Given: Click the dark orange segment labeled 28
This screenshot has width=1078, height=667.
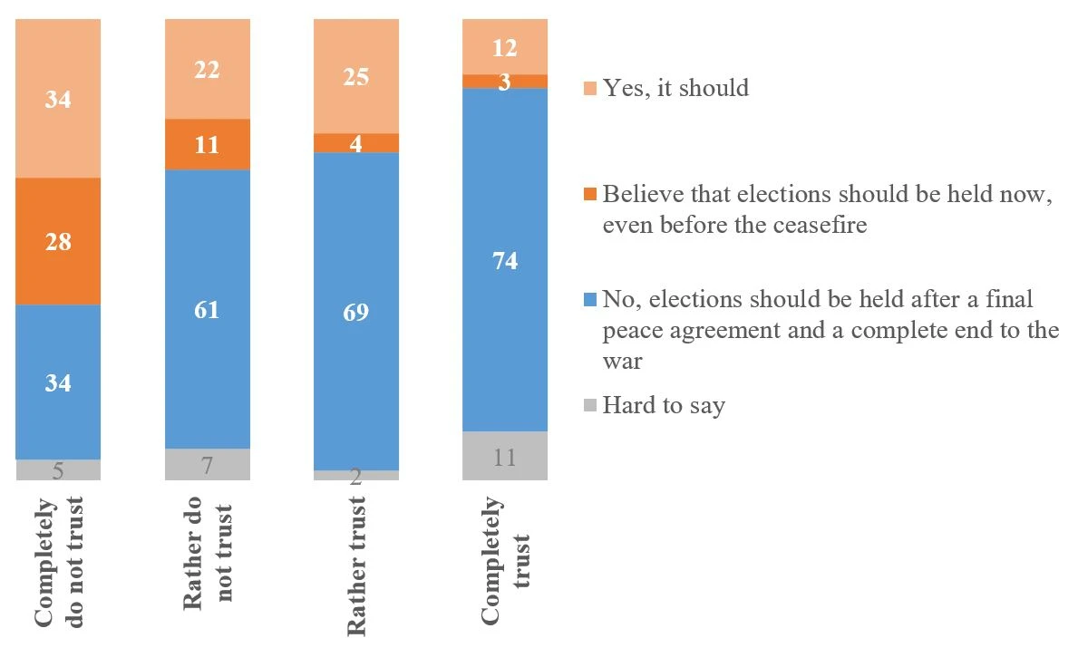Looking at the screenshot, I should point(58,241).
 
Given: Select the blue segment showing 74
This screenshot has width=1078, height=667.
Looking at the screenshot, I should point(505,259).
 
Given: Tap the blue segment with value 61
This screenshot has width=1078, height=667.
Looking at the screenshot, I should point(208,309).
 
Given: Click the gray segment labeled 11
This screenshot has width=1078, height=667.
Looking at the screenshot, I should point(505,456).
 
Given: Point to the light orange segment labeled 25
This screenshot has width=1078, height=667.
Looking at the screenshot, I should point(356,76).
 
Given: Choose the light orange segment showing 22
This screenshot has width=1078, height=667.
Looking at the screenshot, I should point(208,69).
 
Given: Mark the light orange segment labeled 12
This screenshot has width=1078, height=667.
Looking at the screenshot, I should point(505,47).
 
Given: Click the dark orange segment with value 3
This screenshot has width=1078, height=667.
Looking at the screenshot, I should point(505,82).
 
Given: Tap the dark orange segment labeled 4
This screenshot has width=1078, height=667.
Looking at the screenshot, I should point(356,143).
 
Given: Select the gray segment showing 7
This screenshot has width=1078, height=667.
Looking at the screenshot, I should point(208,464).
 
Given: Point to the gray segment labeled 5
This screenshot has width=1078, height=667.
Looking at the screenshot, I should point(58,469).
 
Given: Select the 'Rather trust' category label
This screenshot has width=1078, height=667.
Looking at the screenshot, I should point(357,565).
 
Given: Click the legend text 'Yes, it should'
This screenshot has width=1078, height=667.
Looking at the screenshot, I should point(675,88).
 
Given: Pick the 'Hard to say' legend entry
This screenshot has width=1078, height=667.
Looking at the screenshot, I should point(664,405).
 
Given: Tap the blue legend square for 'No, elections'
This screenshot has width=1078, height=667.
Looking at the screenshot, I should point(590,299).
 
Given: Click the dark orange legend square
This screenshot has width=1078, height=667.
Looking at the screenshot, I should point(590,194).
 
